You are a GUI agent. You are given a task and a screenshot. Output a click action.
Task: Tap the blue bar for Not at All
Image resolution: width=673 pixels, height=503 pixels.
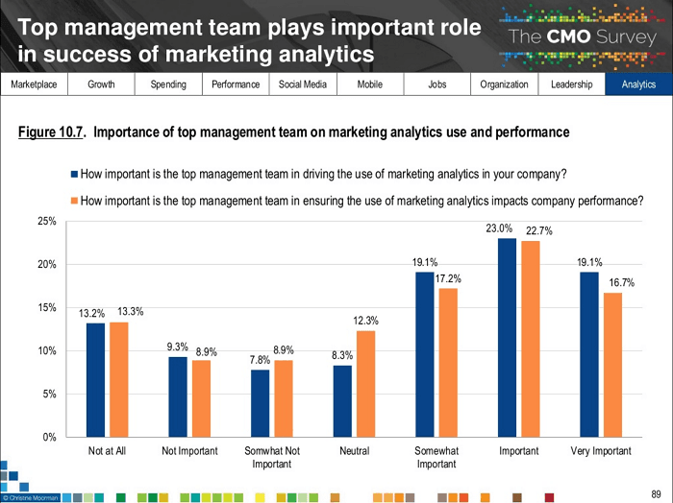[x=95, y=380]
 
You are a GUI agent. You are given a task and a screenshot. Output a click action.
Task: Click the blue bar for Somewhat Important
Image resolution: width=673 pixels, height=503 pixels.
[x=424, y=354]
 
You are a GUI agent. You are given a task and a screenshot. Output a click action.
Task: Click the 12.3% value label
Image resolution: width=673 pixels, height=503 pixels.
[x=365, y=320]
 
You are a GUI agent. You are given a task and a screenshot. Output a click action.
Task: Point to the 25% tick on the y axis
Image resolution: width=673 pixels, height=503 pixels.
[x=45, y=221]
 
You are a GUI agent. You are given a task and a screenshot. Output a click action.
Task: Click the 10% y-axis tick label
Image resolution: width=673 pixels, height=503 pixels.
[x=45, y=351]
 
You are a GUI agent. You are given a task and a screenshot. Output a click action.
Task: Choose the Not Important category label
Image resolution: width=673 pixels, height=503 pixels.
[x=189, y=451]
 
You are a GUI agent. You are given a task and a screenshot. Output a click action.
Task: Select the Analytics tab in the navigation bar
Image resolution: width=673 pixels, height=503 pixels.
[x=638, y=84]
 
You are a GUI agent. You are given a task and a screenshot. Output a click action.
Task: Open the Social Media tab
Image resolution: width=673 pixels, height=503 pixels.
[x=303, y=84]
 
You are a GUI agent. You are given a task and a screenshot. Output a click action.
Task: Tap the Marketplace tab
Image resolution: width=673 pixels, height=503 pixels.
[x=34, y=84]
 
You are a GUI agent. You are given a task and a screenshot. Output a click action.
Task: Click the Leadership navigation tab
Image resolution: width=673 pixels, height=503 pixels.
[x=571, y=84]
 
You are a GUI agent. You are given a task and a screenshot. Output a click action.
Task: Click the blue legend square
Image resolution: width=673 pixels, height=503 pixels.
[x=74, y=175]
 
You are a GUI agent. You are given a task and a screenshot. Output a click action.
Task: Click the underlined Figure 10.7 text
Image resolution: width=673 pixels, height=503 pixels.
[x=53, y=132]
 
